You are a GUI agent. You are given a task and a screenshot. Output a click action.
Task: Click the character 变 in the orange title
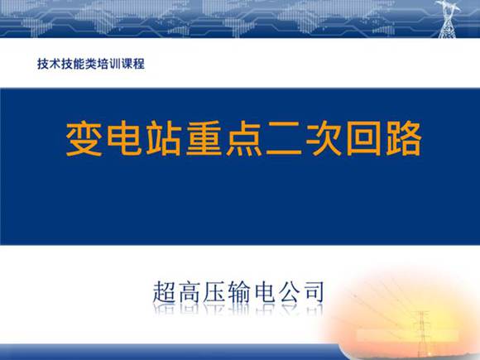click(x=85, y=140)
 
